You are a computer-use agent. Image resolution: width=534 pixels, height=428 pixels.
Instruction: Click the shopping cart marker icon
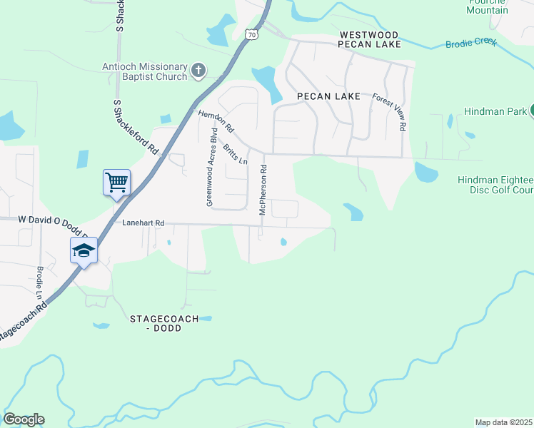[116, 182]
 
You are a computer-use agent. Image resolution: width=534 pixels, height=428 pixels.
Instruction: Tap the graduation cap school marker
[84, 250]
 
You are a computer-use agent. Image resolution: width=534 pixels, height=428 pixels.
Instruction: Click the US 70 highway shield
[250, 34]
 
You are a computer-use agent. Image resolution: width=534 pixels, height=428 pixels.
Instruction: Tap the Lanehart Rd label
[143, 223]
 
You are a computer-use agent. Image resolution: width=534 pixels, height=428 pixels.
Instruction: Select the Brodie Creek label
[470, 43]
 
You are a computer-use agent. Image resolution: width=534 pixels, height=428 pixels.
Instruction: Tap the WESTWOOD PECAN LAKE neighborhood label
[370, 39]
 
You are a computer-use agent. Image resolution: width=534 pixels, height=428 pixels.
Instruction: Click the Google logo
[24, 419]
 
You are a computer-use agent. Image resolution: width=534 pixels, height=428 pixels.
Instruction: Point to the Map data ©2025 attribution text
[503, 422]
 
